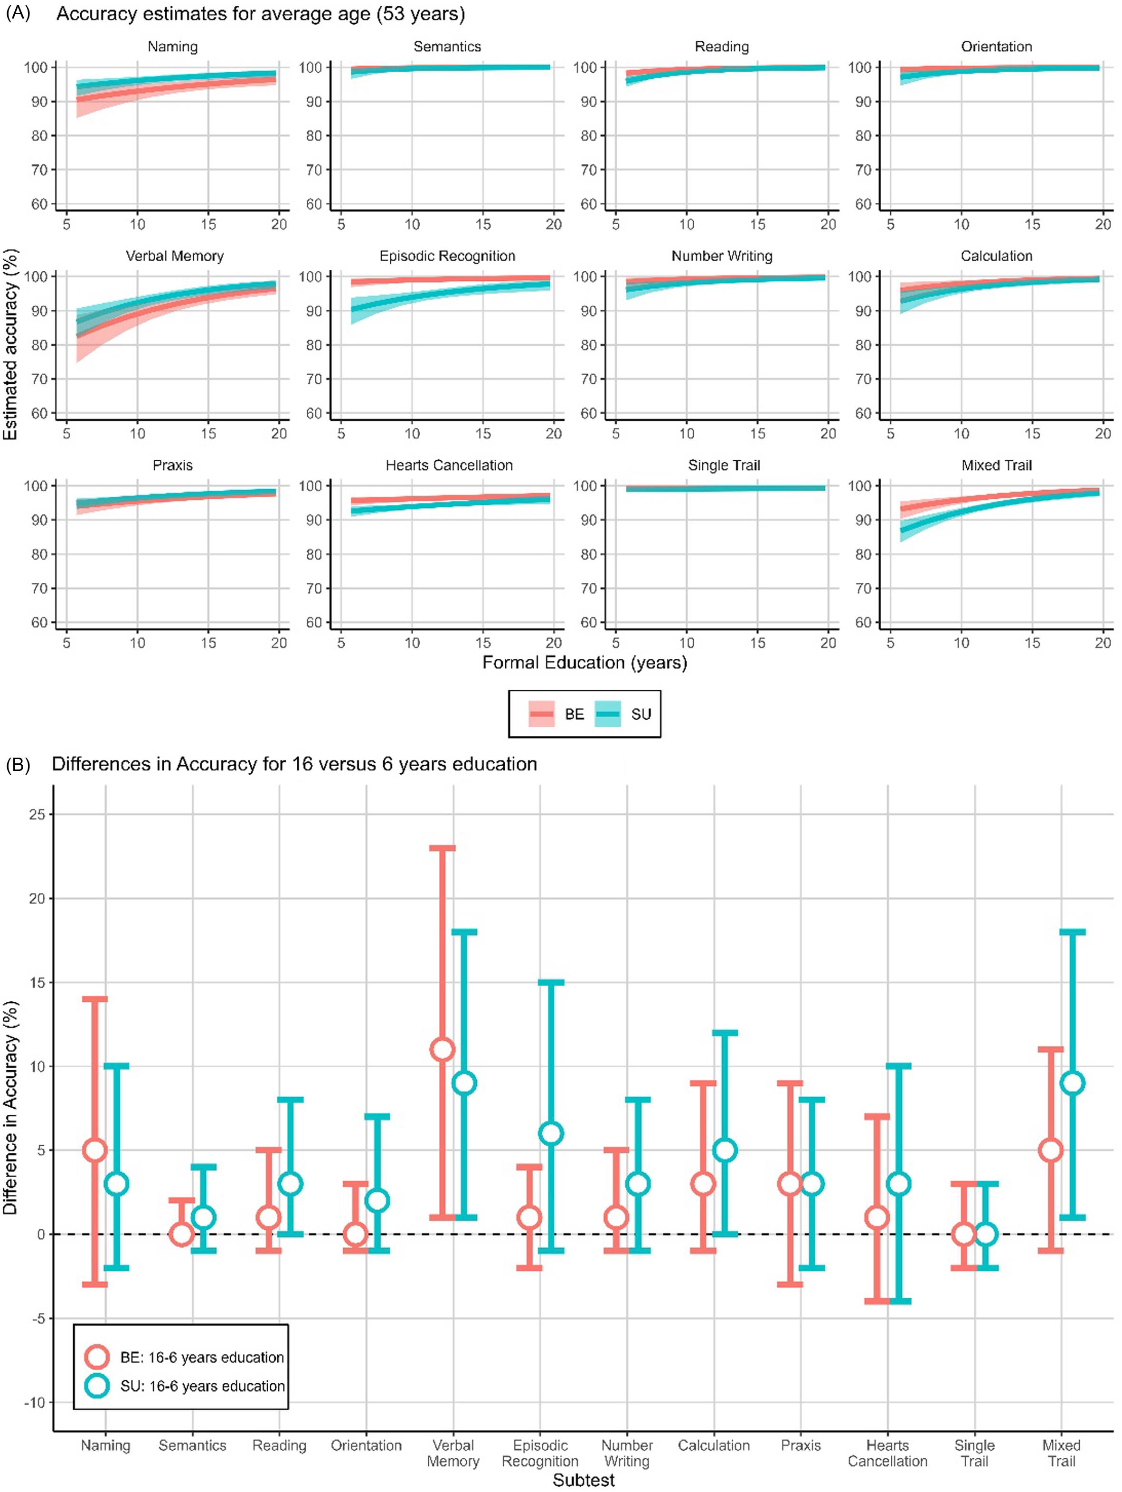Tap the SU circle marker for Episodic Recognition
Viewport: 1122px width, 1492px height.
tap(551, 1134)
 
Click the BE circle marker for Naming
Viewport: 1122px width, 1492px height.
tap(94, 1150)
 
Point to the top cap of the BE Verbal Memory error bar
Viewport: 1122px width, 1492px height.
tap(443, 848)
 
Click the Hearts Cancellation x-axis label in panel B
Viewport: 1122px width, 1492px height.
tap(887, 1453)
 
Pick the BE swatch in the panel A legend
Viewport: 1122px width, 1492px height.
tap(541, 713)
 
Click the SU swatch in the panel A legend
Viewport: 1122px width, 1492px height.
tap(607, 713)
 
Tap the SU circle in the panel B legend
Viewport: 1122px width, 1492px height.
tap(97, 1386)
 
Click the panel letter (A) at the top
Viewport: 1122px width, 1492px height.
tap(18, 13)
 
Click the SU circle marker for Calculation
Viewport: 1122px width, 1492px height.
tap(725, 1150)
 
